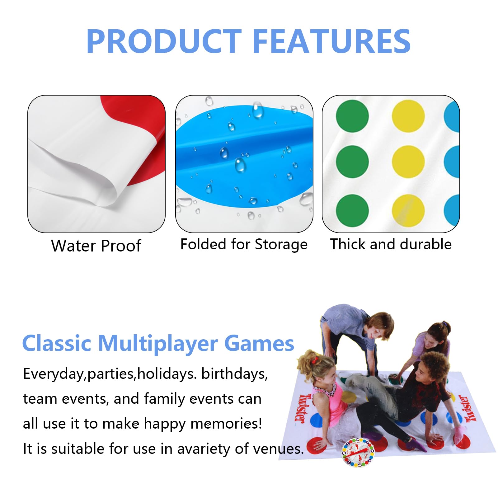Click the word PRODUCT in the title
click(x=164, y=41)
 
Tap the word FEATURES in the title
click(x=332, y=41)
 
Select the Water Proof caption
click(x=96, y=246)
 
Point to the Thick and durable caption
click(x=391, y=244)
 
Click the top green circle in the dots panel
click(x=352, y=116)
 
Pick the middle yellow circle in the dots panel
click(x=408, y=162)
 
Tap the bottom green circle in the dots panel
click(x=352, y=210)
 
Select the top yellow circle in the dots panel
click(x=408, y=116)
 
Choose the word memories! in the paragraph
click(x=226, y=424)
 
